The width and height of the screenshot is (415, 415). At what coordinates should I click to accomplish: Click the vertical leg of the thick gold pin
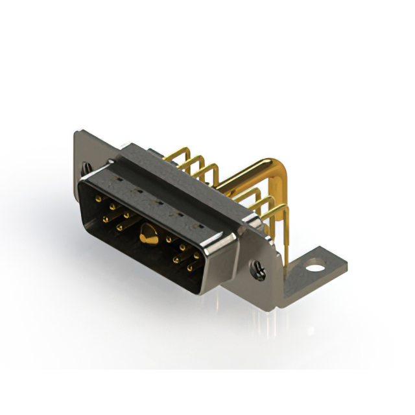[284, 214]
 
